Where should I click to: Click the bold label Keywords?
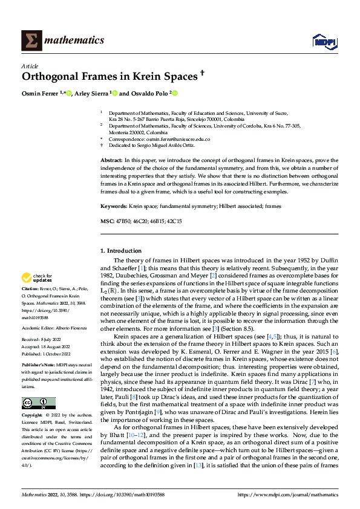point(114,207)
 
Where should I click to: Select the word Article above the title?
point(30,66)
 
